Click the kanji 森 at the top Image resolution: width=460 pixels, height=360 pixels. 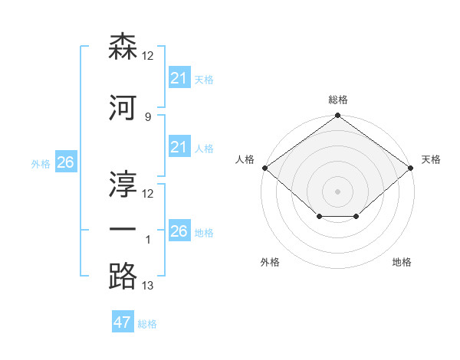[x=123, y=46]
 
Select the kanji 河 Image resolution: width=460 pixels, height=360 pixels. [x=123, y=107]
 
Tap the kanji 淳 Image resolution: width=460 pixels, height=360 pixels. [x=123, y=184]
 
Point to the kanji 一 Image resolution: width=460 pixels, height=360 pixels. [x=123, y=229]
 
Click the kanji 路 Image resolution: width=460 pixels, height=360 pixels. [x=123, y=276]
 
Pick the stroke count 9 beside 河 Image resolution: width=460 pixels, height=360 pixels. [x=148, y=117]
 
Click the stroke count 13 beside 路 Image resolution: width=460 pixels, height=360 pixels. [x=147, y=285]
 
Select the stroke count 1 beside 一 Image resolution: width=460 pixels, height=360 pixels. [x=148, y=240]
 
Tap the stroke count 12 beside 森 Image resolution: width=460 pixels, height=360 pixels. [x=147, y=56]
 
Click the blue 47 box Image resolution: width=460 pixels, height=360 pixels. [x=123, y=321]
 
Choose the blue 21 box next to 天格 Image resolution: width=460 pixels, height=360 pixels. [x=179, y=77]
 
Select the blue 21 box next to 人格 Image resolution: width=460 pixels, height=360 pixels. [x=179, y=146]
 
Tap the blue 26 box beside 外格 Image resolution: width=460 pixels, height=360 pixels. [x=66, y=162]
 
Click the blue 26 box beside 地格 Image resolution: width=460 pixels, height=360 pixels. [x=179, y=230]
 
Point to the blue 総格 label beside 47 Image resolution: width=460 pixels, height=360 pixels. [x=147, y=324]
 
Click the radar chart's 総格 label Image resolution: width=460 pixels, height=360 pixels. [x=338, y=100]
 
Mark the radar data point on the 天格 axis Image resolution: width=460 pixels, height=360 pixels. [x=411, y=168]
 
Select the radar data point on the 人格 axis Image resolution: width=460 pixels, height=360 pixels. [x=265, y=168]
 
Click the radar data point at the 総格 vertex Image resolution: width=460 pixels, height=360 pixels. [x=337, y=115]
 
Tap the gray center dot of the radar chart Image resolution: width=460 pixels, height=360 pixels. [x=337, y=191]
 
